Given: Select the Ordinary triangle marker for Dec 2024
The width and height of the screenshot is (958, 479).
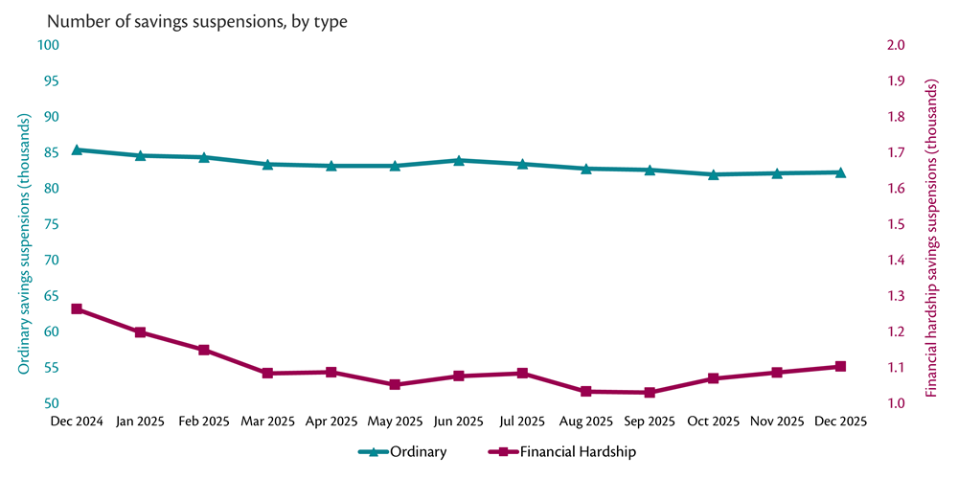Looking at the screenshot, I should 77,149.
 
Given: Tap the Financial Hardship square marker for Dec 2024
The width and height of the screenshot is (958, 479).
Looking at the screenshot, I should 77,309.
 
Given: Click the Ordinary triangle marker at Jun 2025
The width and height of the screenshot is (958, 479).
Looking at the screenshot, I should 459,160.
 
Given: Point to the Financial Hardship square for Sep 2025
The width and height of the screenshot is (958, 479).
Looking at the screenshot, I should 650,393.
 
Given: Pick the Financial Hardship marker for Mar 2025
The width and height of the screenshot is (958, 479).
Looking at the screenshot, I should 267,373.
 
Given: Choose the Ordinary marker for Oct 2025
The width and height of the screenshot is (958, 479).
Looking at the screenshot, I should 714,174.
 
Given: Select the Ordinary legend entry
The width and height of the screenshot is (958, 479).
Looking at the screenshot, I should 402,451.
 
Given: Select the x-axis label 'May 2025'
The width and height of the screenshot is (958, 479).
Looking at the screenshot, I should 395,422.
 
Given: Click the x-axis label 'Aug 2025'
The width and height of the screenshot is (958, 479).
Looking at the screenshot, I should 585,422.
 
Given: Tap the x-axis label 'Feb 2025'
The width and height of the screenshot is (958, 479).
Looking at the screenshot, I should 204,422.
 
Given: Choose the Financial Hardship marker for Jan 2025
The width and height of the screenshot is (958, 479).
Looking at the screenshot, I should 140,332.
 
